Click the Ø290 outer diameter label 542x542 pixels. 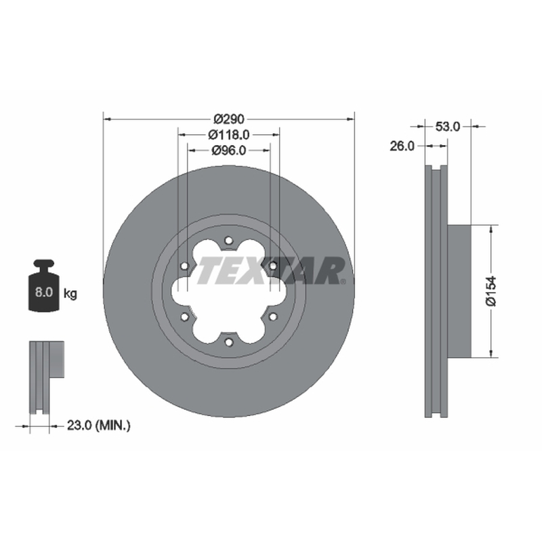click(x=229, y=119)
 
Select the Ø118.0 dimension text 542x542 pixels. click(x=228, y=134)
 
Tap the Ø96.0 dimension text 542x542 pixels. click(x=228, y=150)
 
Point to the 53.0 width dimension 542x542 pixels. click(x=448, y=127)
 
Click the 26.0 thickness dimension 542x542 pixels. click(x=402, y=146)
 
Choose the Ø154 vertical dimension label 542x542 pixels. click(x=491, y=291)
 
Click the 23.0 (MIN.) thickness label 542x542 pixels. click(x=98, y=425)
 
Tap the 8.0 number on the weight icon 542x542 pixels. click(x=43, y=292)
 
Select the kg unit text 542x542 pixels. click(x=70, y=294)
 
